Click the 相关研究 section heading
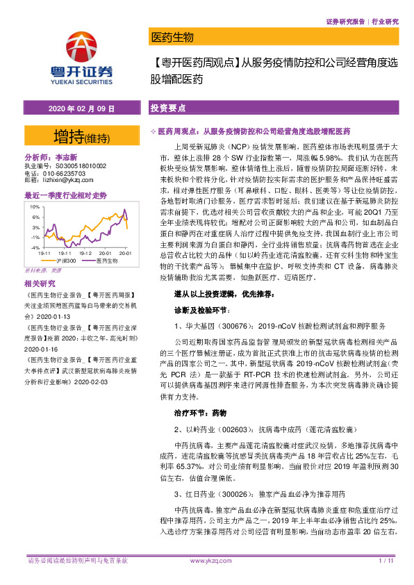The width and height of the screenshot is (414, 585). pos(38,283)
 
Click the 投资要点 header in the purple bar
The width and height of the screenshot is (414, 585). pos(167,110)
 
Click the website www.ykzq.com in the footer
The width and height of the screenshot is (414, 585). pos(206,560)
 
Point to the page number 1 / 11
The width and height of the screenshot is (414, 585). pos(386,560)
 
